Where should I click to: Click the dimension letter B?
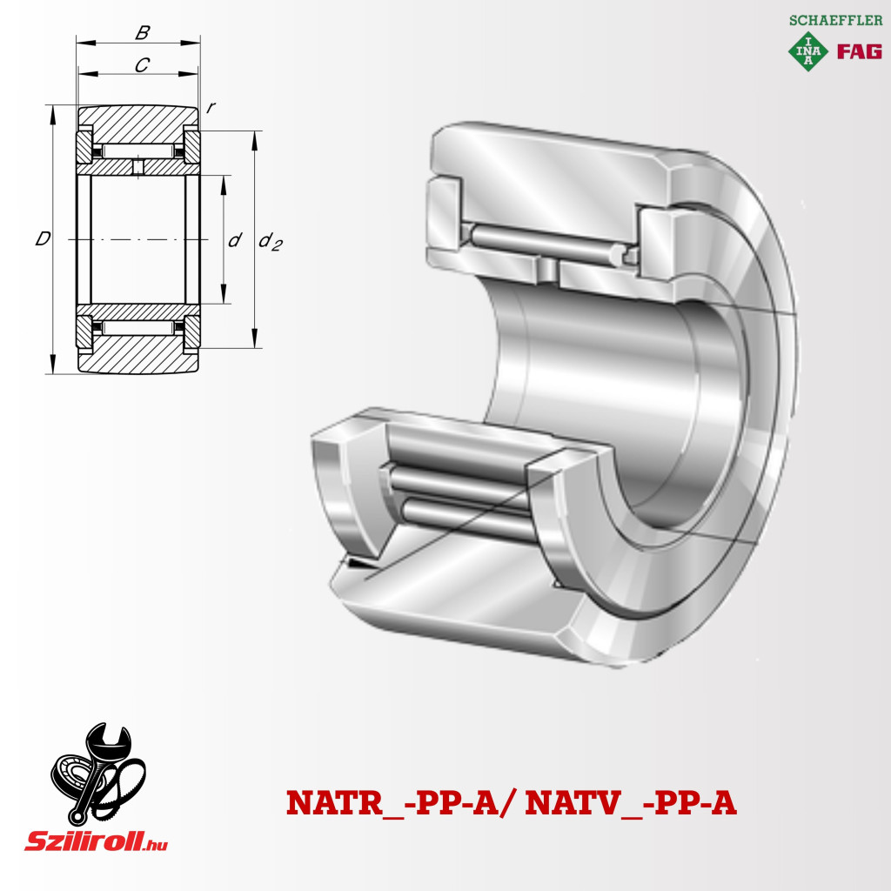pos(143,32)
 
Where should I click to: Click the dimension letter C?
pos(142,65)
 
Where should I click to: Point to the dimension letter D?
pos(43,238)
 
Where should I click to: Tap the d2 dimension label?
pos(270,241)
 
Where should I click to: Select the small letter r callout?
pos(211,107)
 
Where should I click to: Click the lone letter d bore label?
pos(235,240)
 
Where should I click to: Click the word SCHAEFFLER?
pos(835,21)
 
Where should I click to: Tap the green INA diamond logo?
pos(807,51)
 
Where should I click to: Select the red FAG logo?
pos(859,51)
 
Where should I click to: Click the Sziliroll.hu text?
pos(96,841)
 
